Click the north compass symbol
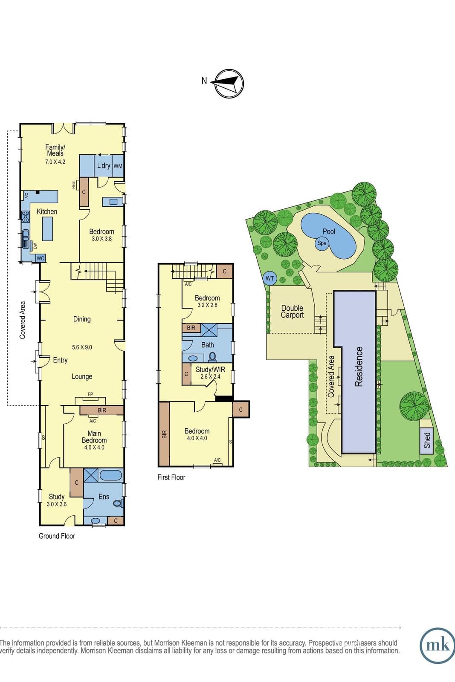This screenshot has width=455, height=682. pos(229,84)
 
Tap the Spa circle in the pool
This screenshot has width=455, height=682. pos(322,243)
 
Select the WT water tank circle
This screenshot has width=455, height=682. pos(270,278)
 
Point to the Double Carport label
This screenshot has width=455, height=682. pos(293,312)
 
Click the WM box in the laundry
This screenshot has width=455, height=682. pos(118,166)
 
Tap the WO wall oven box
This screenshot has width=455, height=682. pos(41,258)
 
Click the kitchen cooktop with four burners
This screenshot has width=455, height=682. pos(25,217)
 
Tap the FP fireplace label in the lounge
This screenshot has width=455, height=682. pos(90,394)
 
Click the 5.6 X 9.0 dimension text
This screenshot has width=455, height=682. pos(82,347)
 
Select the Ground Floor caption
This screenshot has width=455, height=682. pos(57,536)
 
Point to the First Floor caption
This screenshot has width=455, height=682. pos(171,477)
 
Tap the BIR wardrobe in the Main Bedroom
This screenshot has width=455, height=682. pos(102,410)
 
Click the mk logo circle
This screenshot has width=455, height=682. pos(438,645)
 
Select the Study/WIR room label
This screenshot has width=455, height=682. pos(210,369)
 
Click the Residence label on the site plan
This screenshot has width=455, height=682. pos(359,367)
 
